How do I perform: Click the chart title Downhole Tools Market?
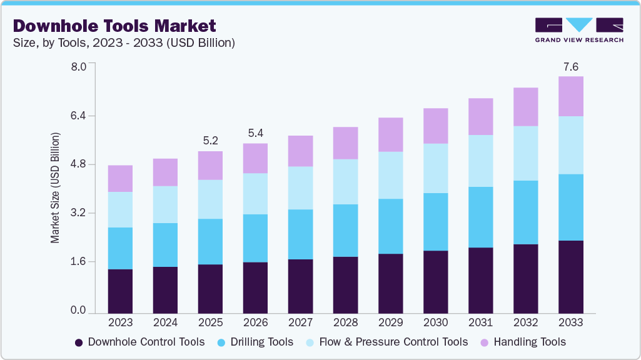114,26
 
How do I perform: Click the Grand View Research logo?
579,30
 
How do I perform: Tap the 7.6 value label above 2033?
570,67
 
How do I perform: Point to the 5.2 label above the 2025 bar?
210,141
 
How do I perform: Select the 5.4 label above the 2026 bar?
255,134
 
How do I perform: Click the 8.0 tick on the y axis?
78,67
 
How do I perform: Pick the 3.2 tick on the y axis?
78,213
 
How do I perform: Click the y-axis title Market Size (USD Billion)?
55,188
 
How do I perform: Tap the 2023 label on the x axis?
120,322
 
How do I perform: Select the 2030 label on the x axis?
435,322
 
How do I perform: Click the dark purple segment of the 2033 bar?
570,277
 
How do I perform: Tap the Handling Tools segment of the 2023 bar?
120,179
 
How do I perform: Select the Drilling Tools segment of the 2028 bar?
345,231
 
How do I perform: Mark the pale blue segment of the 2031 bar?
480,161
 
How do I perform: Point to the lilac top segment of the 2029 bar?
390,134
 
